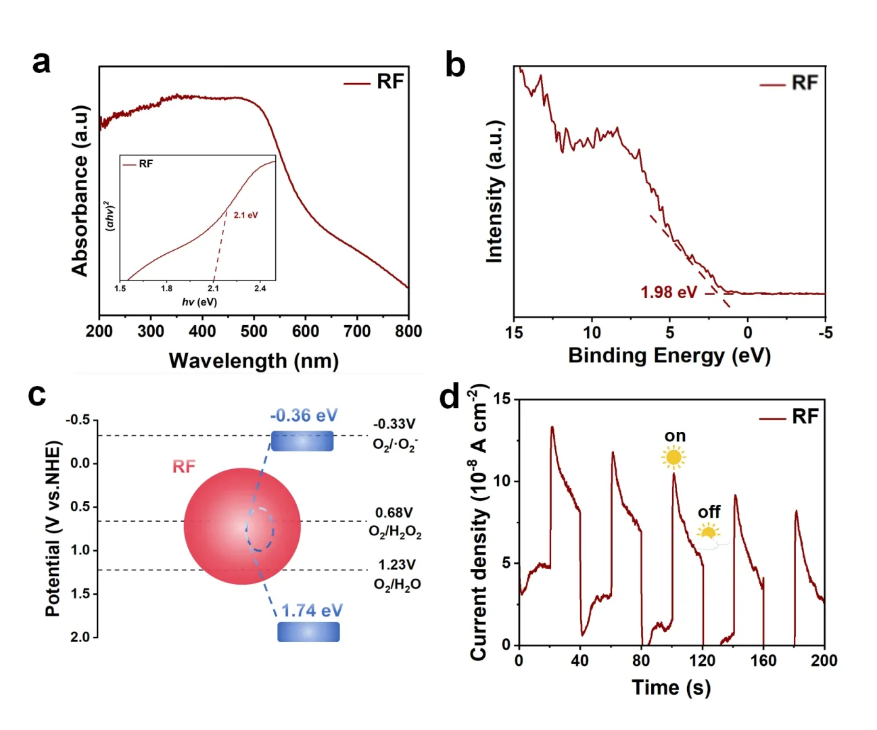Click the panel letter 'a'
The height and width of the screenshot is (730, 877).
[x=41, y=62]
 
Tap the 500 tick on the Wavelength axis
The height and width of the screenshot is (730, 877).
[x=254, y=331]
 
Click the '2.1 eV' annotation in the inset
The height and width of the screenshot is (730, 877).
[x=245, y=215]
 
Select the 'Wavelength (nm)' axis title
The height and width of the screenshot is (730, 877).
[x=254, y=360]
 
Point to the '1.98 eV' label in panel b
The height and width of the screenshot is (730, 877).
[x=668, y=292]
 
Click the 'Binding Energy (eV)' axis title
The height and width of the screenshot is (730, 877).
[x=669, y=356]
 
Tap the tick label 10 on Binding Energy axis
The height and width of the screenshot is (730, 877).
[x=592, y=333]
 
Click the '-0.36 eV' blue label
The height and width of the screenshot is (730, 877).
[x=304, y=415]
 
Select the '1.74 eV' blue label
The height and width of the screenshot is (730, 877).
[x=312, y=610]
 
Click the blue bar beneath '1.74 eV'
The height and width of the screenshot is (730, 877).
[x=308, y=632]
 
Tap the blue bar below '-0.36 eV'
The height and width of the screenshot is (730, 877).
[x=302, y=441]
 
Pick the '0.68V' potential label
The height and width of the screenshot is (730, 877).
[x=394, y=513]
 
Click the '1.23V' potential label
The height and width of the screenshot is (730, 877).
[x=397, y=564]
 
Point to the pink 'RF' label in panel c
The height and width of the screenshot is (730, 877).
[x=184, y=466]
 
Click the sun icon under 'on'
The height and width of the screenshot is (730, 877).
[x=673, y=458]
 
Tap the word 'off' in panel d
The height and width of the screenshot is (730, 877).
[x=709, y=512]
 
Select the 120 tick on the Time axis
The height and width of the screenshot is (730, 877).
[x=703, y=660]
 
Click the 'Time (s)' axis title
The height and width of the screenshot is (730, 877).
[x=671, y=687]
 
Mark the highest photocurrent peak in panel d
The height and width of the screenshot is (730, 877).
[x=552, y=427]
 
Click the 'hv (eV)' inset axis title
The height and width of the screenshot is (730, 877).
[x=199, y=301]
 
